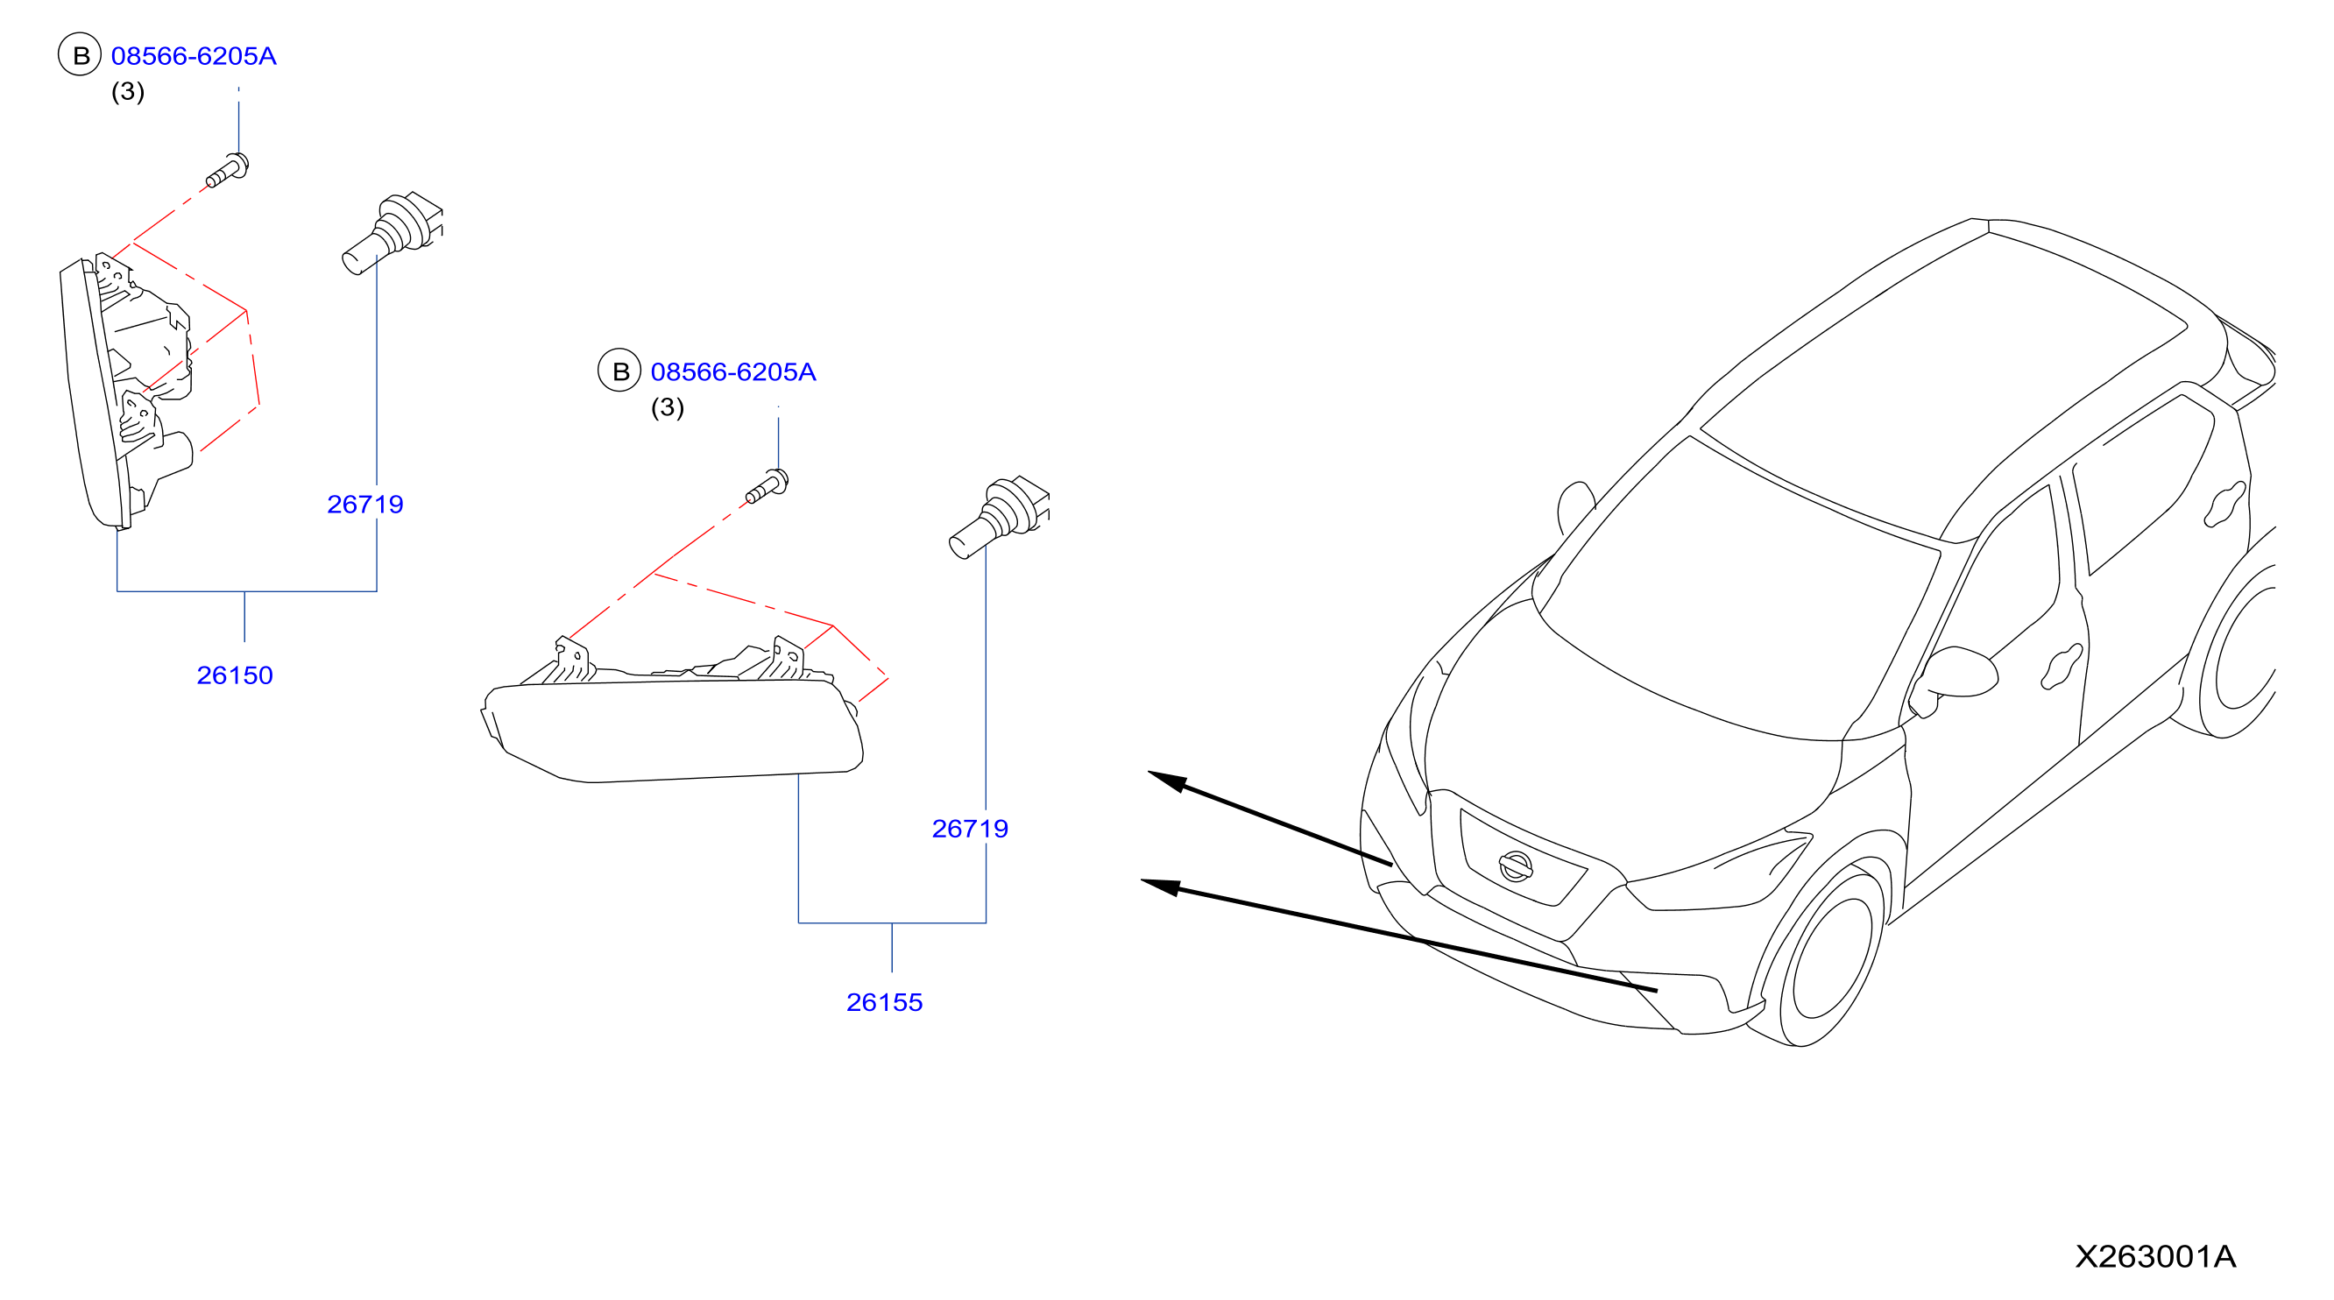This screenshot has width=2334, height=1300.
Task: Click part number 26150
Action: coord(235,675)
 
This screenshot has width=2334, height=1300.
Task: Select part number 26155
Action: coord(884,1002)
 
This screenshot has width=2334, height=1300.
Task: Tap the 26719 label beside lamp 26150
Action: coord(365,504)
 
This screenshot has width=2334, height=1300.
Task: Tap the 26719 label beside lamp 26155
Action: coord(970,828)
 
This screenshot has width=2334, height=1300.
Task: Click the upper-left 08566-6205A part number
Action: coord(194,56)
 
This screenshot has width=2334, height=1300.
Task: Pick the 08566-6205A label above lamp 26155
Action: coord(733,371)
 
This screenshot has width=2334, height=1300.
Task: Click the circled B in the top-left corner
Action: coord(80,55)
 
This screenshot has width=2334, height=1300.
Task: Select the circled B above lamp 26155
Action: coord(619,371)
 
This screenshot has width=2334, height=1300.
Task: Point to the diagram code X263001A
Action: coord(2156,1256)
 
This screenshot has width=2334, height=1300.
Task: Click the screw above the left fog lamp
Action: coord(228,171)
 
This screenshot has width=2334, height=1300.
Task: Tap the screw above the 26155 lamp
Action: coord(767,486)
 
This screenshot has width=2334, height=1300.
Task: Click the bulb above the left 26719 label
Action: coord(393,232)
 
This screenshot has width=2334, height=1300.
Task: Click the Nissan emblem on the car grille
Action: coord(1515,866)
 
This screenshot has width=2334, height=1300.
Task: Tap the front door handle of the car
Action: coord(2062,666)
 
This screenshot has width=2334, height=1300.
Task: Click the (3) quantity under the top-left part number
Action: coord(128,91)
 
